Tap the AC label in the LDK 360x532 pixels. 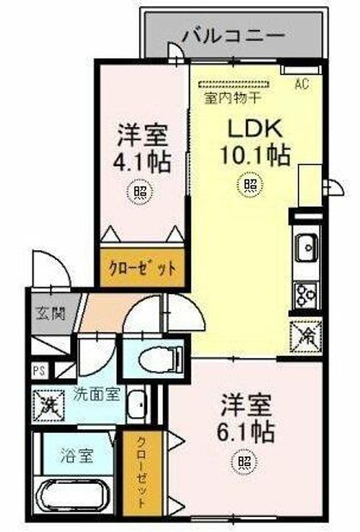tap(302, 83)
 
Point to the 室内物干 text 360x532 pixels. tap(233, 98)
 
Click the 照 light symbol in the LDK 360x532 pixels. tap(251, 185)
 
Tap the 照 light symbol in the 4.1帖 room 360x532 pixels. tap(140, 191)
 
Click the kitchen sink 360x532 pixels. tap(306, 248)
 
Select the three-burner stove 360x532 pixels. tap(306, 295)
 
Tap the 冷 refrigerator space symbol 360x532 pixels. tap(306, 337)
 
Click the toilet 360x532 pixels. tap(161, 357)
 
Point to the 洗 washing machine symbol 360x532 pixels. tap(48, 406)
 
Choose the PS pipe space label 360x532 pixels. tap(39, 370)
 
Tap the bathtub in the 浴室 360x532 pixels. tap(72, 497)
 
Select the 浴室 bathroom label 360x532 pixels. tap(77, 455)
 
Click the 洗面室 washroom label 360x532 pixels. tap(97, 395)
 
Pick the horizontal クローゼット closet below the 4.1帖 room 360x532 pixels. tap(142, 268)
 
